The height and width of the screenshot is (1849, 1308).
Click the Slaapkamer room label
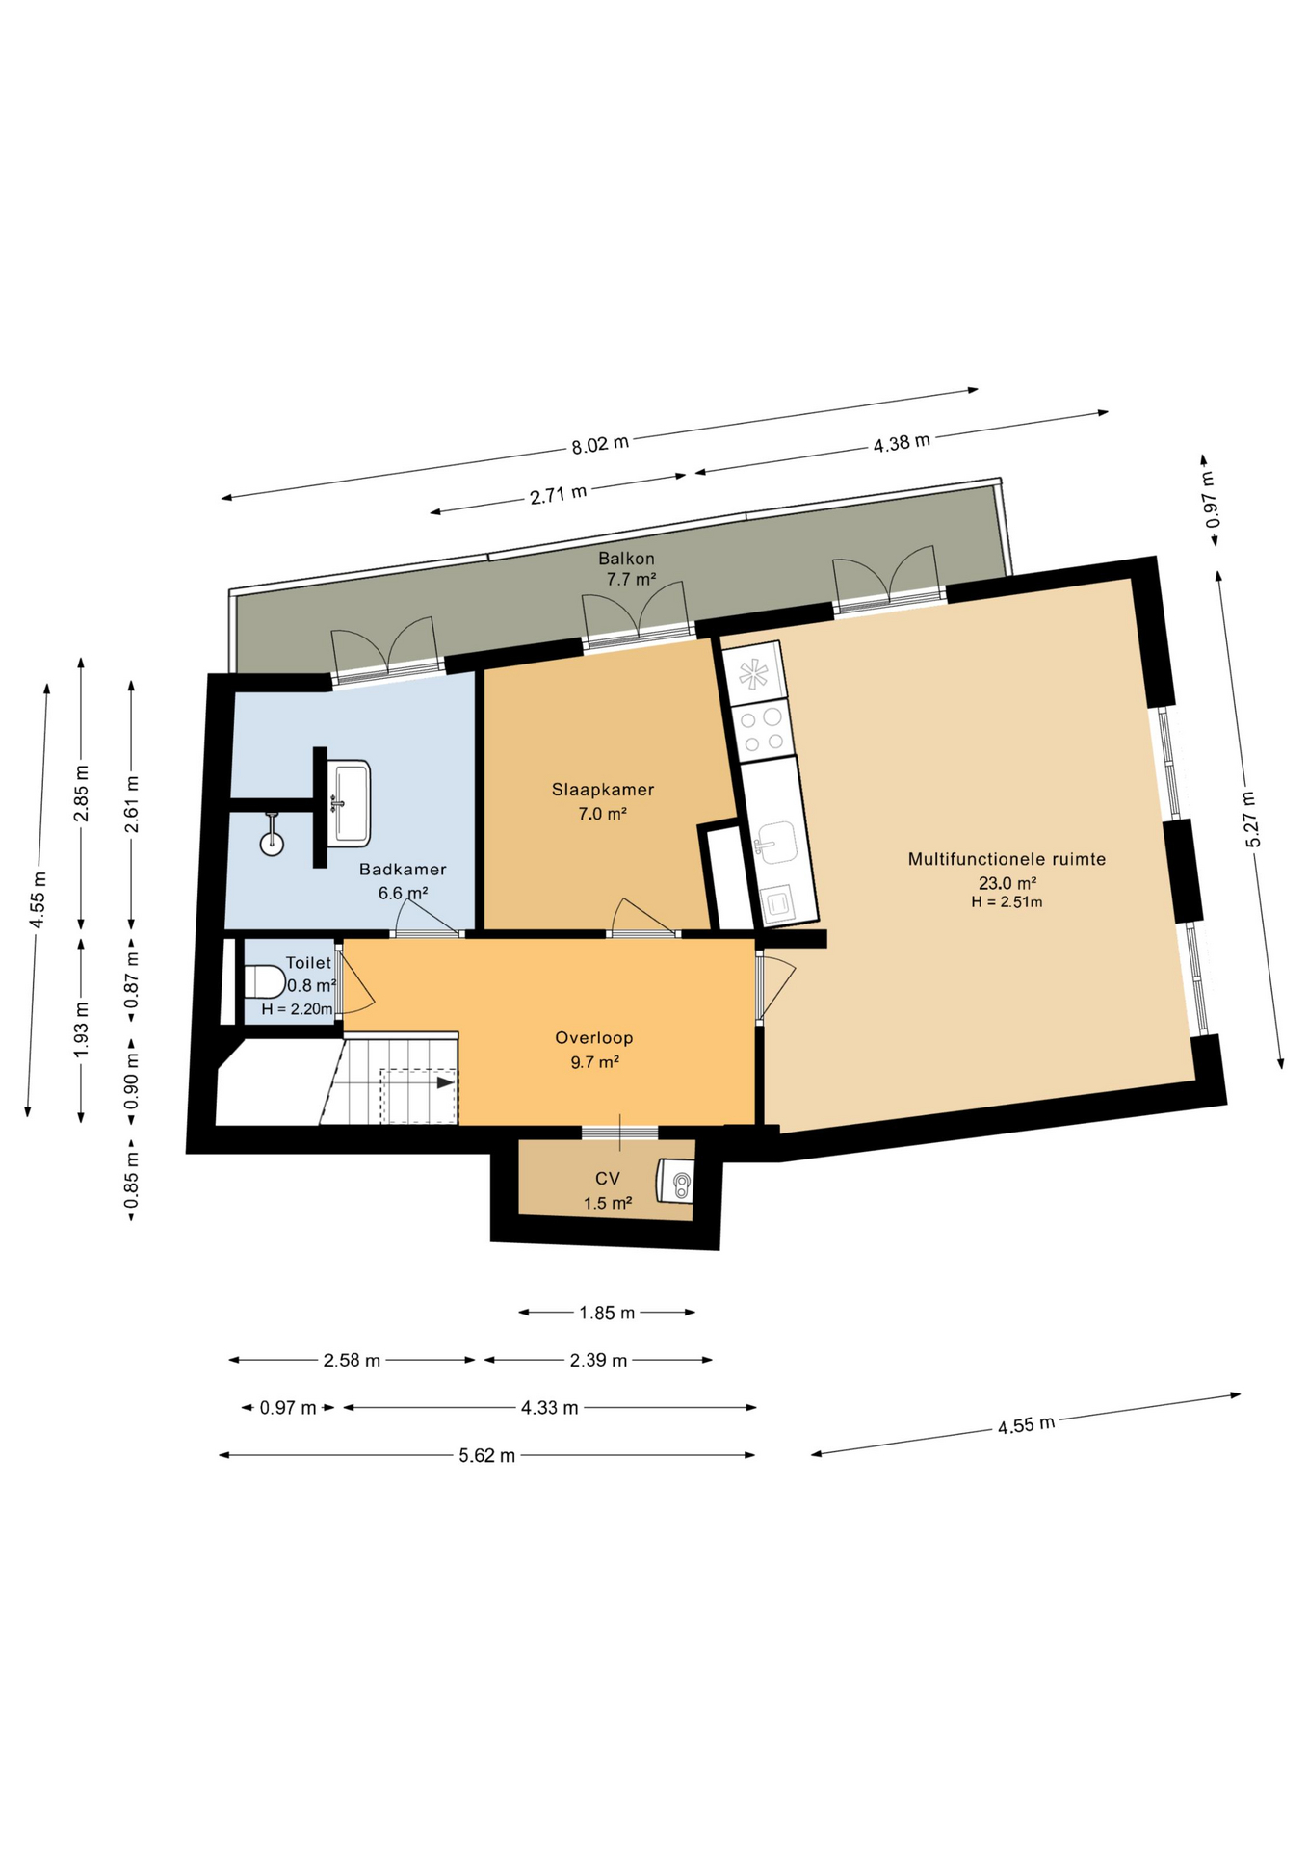[x=603, y=790]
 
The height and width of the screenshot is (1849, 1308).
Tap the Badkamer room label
[x=403, y=870]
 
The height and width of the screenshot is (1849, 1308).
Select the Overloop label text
[x=594, y=1038]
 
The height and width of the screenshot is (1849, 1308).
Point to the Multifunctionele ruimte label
[x=1007, y=859]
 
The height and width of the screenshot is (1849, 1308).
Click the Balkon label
[x=626, y=559]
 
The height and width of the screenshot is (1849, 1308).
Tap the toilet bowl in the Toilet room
[x=264, y=982]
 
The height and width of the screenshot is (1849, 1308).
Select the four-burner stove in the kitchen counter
[x=760, y=730]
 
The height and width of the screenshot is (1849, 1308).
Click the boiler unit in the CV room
[x=675, y=1181]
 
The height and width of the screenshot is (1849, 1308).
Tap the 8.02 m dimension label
[x=600, y=444]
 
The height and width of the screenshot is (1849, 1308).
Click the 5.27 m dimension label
[x=1250, y=819]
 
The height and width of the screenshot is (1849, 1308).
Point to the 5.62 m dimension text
[x=487, y=1455]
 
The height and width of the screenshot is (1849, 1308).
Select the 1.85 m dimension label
[x=607, y=1313]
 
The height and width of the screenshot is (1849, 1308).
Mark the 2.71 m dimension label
[x=558, y=496]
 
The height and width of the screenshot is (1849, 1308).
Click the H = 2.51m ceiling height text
[x=1007, y=902]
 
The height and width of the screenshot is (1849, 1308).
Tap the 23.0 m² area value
[x=1007, y=883]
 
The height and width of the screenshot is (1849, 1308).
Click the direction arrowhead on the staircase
[x=445, y=1082]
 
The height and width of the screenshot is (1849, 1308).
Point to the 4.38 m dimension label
[x=902, y=443]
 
